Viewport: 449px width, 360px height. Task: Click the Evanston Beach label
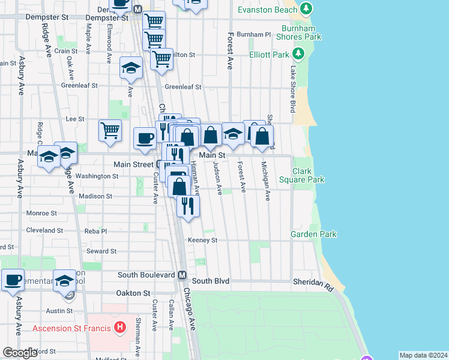[267, 10]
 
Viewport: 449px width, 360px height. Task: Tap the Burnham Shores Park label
[298, 32]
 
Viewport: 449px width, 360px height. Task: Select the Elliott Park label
[270, 55]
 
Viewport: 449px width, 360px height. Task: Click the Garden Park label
[313, 235]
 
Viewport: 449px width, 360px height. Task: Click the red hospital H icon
[120, 328]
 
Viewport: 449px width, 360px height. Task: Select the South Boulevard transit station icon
[182, 275]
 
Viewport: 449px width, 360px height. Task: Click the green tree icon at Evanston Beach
[306, 9]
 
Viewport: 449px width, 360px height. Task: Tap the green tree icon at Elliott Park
[299, 55]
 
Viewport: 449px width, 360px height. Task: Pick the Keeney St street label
[202, 240]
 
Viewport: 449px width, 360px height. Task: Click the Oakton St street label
[133, 293]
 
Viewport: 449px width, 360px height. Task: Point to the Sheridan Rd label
[313, 282]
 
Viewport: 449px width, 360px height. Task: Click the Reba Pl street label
[95, 231]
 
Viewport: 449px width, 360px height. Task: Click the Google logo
[20, 352]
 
